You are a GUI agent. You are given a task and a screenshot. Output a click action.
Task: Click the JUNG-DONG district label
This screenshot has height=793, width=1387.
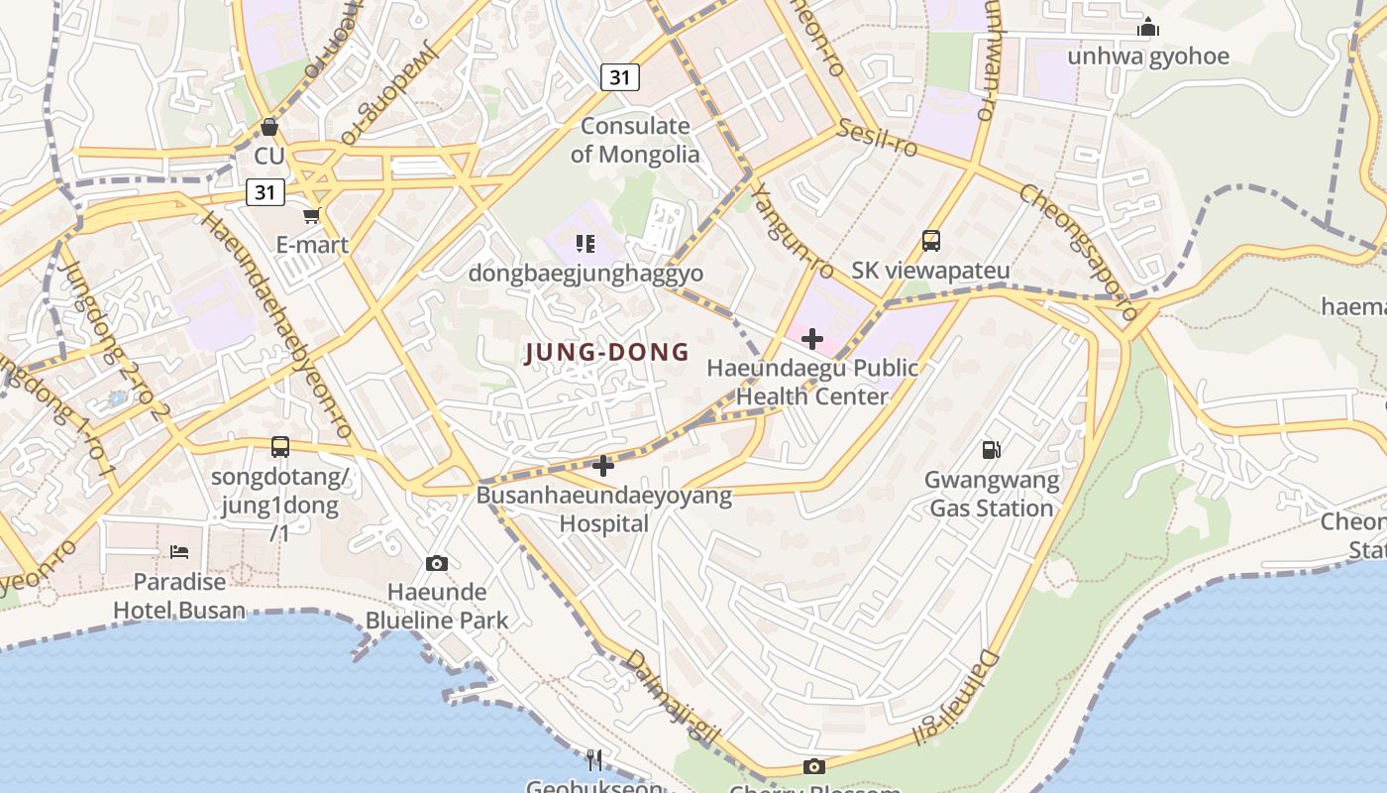(x=606, y=352)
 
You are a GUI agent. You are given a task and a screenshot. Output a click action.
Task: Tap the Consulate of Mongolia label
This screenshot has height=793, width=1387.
(x=635, y=140)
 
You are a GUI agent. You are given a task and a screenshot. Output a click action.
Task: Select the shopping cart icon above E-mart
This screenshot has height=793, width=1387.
(x=312, y=215)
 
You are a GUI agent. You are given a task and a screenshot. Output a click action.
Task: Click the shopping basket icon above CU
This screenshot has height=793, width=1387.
(x=268, y=127)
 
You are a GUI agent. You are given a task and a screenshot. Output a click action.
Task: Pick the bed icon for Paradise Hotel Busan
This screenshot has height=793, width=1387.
(x=179, y=551)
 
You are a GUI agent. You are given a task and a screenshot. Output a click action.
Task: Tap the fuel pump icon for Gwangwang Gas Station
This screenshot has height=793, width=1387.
(x=991, y=450)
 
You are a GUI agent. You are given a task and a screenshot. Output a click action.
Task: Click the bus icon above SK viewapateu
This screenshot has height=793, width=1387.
(x=930, y=240)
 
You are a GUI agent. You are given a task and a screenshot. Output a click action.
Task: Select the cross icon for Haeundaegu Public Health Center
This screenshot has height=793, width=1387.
(x=812, y=339)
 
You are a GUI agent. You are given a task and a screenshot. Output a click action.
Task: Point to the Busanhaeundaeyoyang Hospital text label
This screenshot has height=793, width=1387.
(x=604, y=509)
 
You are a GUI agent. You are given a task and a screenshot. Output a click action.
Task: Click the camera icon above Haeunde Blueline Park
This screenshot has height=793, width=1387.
(x=436, y=563)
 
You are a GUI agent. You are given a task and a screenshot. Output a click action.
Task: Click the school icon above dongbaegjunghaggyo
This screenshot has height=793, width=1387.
(x=586, y=243)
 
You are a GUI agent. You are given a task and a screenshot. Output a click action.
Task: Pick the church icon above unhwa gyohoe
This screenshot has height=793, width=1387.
(x=1148, y=27)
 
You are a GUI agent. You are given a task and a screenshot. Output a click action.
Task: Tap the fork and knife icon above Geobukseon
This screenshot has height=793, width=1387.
(x=593, y=760)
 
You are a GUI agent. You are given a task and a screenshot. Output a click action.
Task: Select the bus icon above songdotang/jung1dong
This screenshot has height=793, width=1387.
(x=280, y=447)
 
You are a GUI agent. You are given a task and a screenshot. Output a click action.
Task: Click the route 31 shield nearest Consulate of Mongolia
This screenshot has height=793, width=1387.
(x=619, y=77)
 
